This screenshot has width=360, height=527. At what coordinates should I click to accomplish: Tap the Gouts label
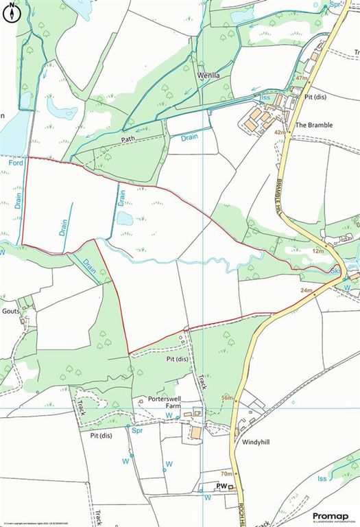coord(12,311)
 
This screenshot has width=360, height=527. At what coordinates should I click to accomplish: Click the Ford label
coord(16,163)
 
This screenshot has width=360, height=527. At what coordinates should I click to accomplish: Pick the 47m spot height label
coord(300,79)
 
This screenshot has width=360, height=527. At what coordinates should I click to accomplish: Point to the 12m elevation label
coord(317,252)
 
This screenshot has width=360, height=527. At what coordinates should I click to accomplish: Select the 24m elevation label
coord(307,292)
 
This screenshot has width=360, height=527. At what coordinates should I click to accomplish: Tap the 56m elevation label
coord(227,399)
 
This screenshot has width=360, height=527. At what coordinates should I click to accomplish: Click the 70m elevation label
coord(226,473)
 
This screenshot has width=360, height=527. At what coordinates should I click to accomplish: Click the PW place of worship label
coord(221,486)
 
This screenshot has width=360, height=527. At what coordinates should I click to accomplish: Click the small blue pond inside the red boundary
coord(125,218)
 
